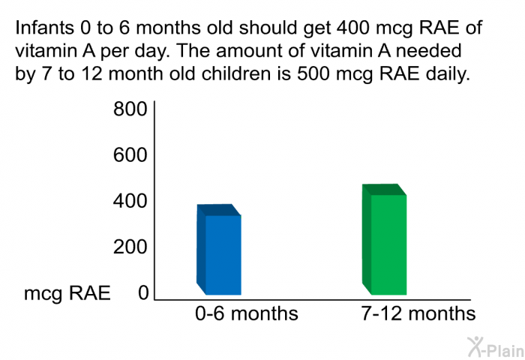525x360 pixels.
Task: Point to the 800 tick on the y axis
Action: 130,110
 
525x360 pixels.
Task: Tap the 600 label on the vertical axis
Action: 130,156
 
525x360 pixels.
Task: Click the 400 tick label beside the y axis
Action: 130,202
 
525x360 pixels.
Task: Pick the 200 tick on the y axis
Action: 130,247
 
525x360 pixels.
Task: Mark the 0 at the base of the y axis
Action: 142,293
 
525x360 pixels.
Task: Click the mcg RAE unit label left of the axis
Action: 67,293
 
